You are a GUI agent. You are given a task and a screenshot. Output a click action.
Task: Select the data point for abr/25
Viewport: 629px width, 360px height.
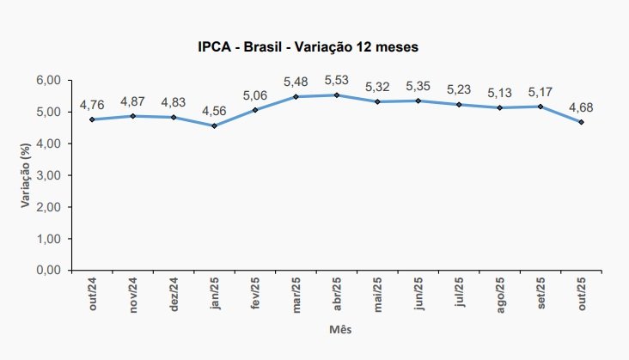click(x=337, y=95)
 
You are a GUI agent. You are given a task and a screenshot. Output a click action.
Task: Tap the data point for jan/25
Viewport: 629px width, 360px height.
click(x=214, y=125)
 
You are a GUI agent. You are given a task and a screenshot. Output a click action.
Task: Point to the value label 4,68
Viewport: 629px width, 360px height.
click(x=581, y=107)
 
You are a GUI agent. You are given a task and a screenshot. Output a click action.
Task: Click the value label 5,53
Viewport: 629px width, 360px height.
click(x=337, y=80)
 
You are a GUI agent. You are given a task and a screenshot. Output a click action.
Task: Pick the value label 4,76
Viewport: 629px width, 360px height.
click(x=92, y=105)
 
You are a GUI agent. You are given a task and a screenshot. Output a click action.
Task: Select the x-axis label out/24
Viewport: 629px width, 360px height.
click(x=93, y=291)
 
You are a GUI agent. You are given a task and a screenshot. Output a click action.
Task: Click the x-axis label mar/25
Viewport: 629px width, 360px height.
click(x=296, y=292)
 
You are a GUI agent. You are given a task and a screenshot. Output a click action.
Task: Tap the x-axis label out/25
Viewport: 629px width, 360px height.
click(x=582, y=291)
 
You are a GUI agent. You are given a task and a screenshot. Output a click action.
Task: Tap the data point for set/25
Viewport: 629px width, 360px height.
click(x=540, y=107)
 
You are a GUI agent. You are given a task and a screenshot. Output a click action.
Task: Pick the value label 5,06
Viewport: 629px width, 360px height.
click(x=255, y=95)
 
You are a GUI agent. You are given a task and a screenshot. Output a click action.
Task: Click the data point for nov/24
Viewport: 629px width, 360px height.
click(x=133, y=116)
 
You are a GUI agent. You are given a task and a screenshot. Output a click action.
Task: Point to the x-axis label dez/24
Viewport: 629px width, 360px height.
click(x=174, y=291)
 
